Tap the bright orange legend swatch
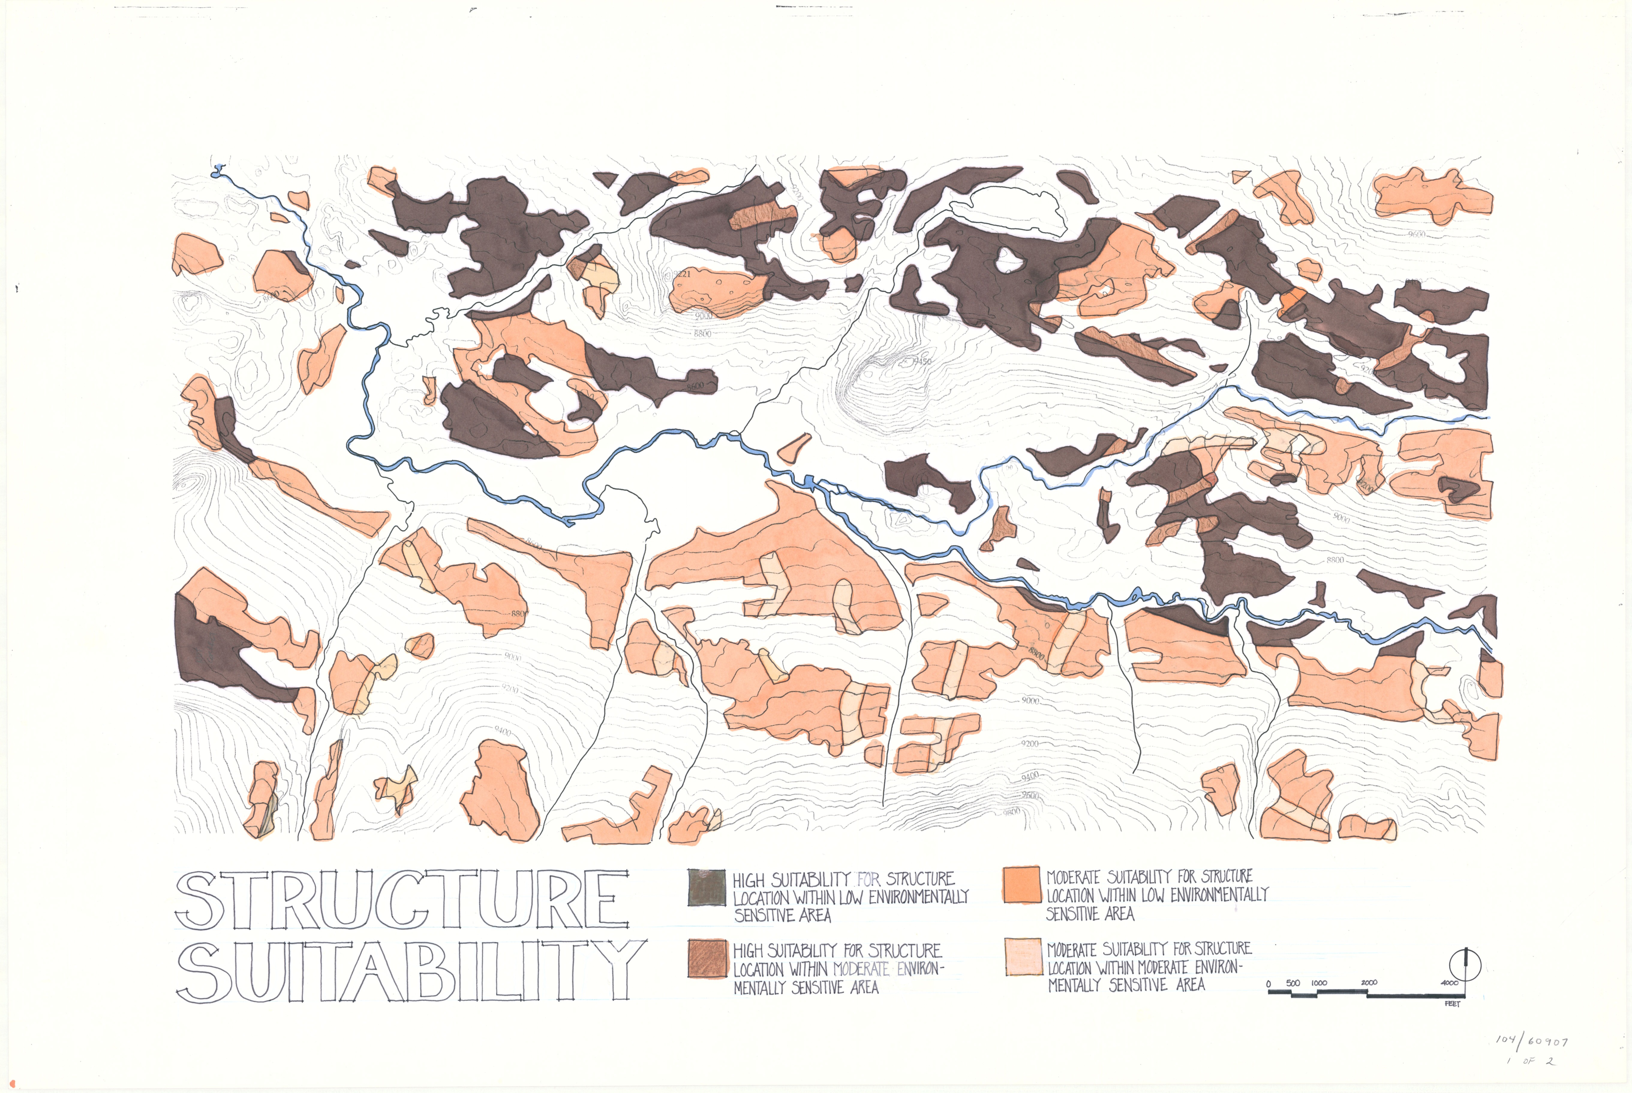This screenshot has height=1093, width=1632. point(1022,885)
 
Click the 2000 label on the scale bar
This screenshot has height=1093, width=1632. point(1368,983)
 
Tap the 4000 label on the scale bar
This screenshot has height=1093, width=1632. point(1449,983)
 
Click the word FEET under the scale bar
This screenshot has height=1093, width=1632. point(1452,1004)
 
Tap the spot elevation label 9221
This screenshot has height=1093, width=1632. point(681,274)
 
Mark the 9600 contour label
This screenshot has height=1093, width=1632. point(1416,234)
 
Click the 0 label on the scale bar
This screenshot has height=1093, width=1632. point(1269,984)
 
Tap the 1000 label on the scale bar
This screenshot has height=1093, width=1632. point(1319,983)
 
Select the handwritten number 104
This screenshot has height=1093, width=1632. point(1506,1039)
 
